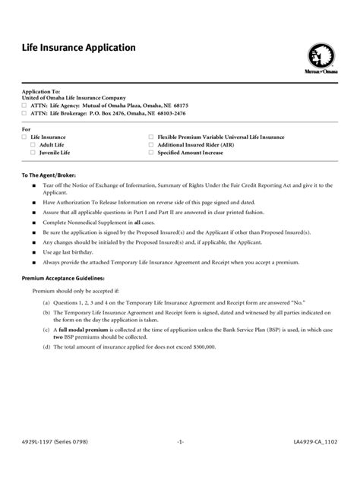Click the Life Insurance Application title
pyautogui.click(x=78, y=47)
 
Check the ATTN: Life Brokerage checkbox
pyautogui.click(x=24, y=112)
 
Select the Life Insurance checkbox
pyautogui.click(x=24, y=137)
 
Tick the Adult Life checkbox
pyautogui.click(x=33, y=144)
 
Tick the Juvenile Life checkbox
pyautogui.click(x=33, y=152)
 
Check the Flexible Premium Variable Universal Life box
pyautogui.click(x=151, y=137)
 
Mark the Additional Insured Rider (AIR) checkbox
pyautogui.click(x=151, y=144)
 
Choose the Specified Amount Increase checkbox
pyautogui.click(x=151, y=152)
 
